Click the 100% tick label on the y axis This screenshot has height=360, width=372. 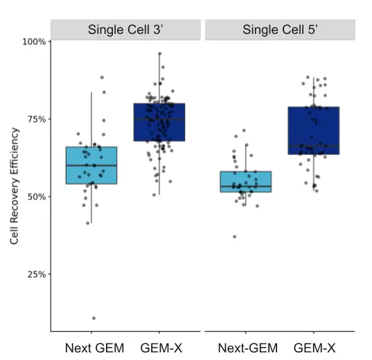(34, 42)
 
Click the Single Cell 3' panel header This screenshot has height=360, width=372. (125, 30)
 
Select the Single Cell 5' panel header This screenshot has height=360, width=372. (280, 30)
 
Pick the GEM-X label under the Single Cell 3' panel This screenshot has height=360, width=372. (161, 348)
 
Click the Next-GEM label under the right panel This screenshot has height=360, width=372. (247, 348)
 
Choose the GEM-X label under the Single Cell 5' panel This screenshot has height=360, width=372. (314, 348)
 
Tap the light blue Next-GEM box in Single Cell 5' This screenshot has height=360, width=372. (245, 181)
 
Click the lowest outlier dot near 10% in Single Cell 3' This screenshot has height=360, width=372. (94, 318)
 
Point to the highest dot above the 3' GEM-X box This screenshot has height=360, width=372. (159, 53)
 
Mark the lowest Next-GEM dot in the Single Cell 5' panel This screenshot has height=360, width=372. (235, 237)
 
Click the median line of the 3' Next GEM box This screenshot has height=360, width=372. (91, 165)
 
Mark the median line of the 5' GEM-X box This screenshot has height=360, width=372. (313, 146)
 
